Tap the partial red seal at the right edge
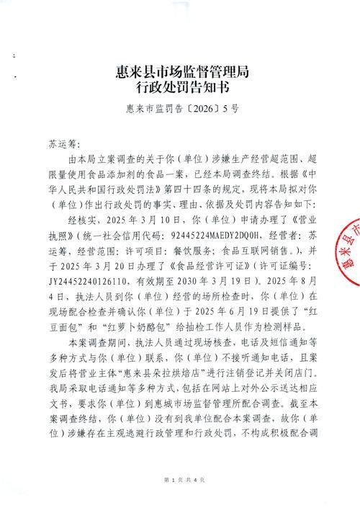click(x=348, y=252)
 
